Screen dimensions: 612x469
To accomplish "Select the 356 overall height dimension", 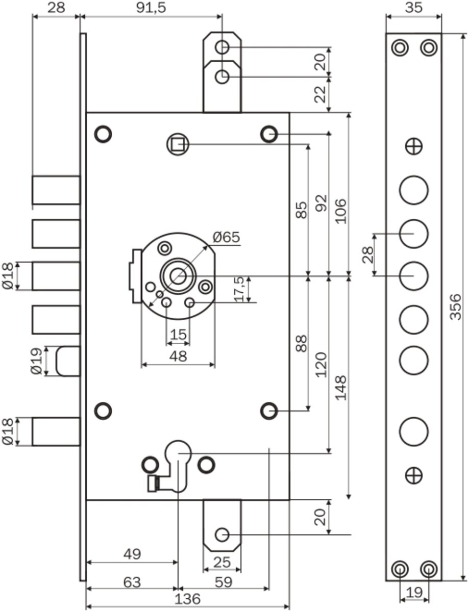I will coord(457,306).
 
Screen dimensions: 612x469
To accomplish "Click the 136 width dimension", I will coord(187,599).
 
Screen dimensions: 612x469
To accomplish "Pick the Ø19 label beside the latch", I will coord(37,361).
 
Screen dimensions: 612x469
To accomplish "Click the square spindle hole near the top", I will coord(178,144).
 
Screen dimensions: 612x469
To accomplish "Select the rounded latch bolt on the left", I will coord(67,361).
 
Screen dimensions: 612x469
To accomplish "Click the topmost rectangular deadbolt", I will coord(56,190).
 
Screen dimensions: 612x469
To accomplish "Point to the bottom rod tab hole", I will coord(222,534).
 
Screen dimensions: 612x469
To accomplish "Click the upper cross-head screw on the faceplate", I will coord(413,146).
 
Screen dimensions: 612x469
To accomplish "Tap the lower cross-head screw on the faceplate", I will coord(413,476).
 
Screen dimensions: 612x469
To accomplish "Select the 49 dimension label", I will coord(132,553).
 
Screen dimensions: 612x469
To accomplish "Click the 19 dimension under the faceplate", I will coord(414,593).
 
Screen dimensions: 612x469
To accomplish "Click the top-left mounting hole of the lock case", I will coord(104,134).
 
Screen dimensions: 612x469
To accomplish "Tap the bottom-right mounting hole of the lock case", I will coord(268,410).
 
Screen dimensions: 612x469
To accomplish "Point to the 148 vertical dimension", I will coord(341,388).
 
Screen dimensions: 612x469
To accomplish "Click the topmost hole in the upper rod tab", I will coord(222,47).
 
